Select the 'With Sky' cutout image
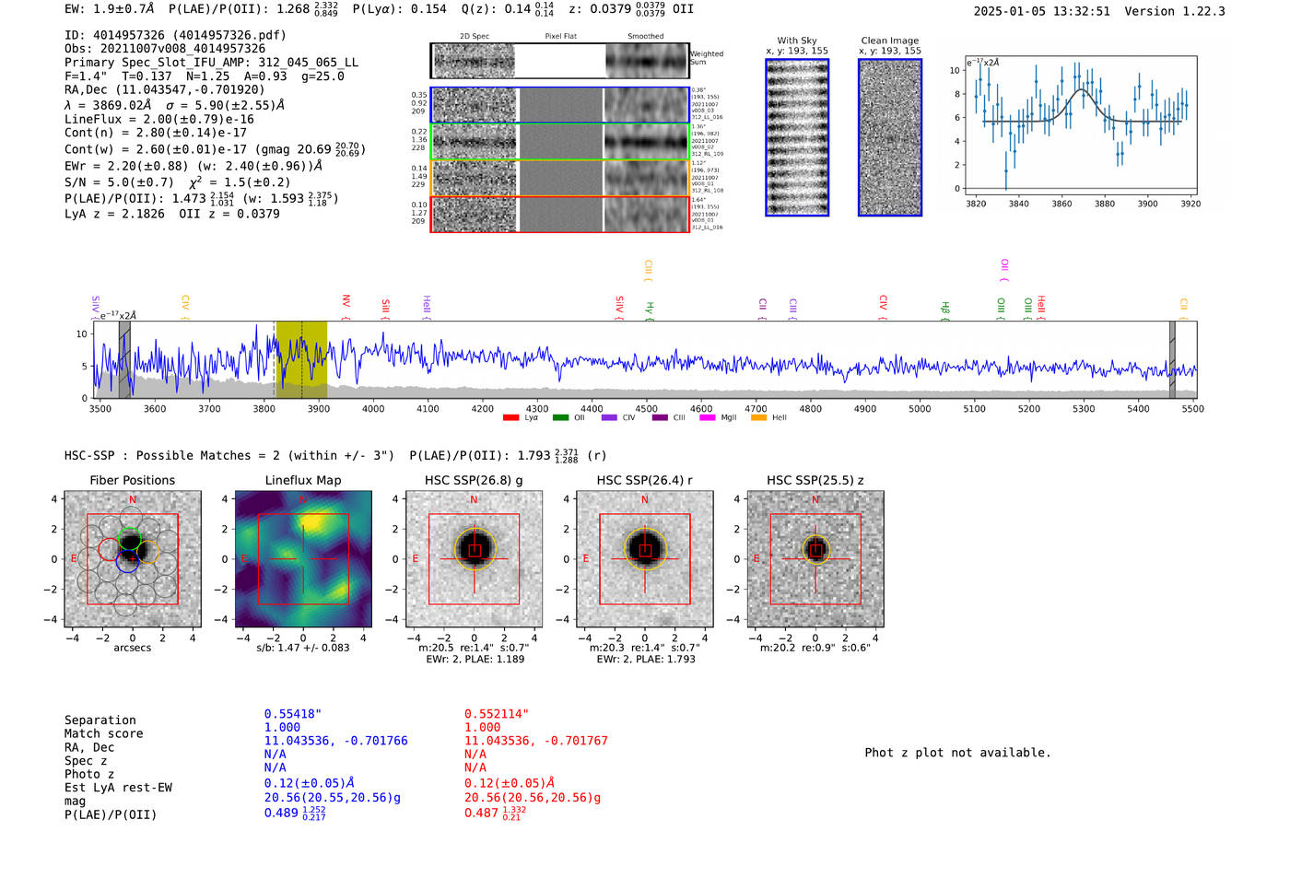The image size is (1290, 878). [x=797, y=137]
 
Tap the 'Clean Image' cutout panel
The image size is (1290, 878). [x=890, y=137]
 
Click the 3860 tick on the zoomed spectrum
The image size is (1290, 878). [x=1061, y=204]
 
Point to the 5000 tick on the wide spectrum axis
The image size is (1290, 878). [x=920, y=408]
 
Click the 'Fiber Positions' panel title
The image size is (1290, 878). [x=132, y=480]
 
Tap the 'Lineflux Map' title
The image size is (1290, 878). [x=303, y=480]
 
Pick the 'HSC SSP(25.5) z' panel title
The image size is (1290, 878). [x=815, y=480]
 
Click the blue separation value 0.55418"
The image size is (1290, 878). [x=293, y=714]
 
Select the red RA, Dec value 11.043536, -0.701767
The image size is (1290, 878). [x=535, y=741]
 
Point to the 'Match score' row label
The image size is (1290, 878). [x=104, y=733]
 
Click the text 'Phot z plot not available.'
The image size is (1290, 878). [x=957, y=753]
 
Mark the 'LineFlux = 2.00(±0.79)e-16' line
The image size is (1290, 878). [x=159, y=120]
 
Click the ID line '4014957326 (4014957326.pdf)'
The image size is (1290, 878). [x=175, y=35]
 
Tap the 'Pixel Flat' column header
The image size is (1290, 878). [x=560, y=37]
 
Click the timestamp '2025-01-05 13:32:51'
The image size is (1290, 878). [x=1041, y=11]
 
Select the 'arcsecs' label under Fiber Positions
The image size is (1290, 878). [x=132, y=648]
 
